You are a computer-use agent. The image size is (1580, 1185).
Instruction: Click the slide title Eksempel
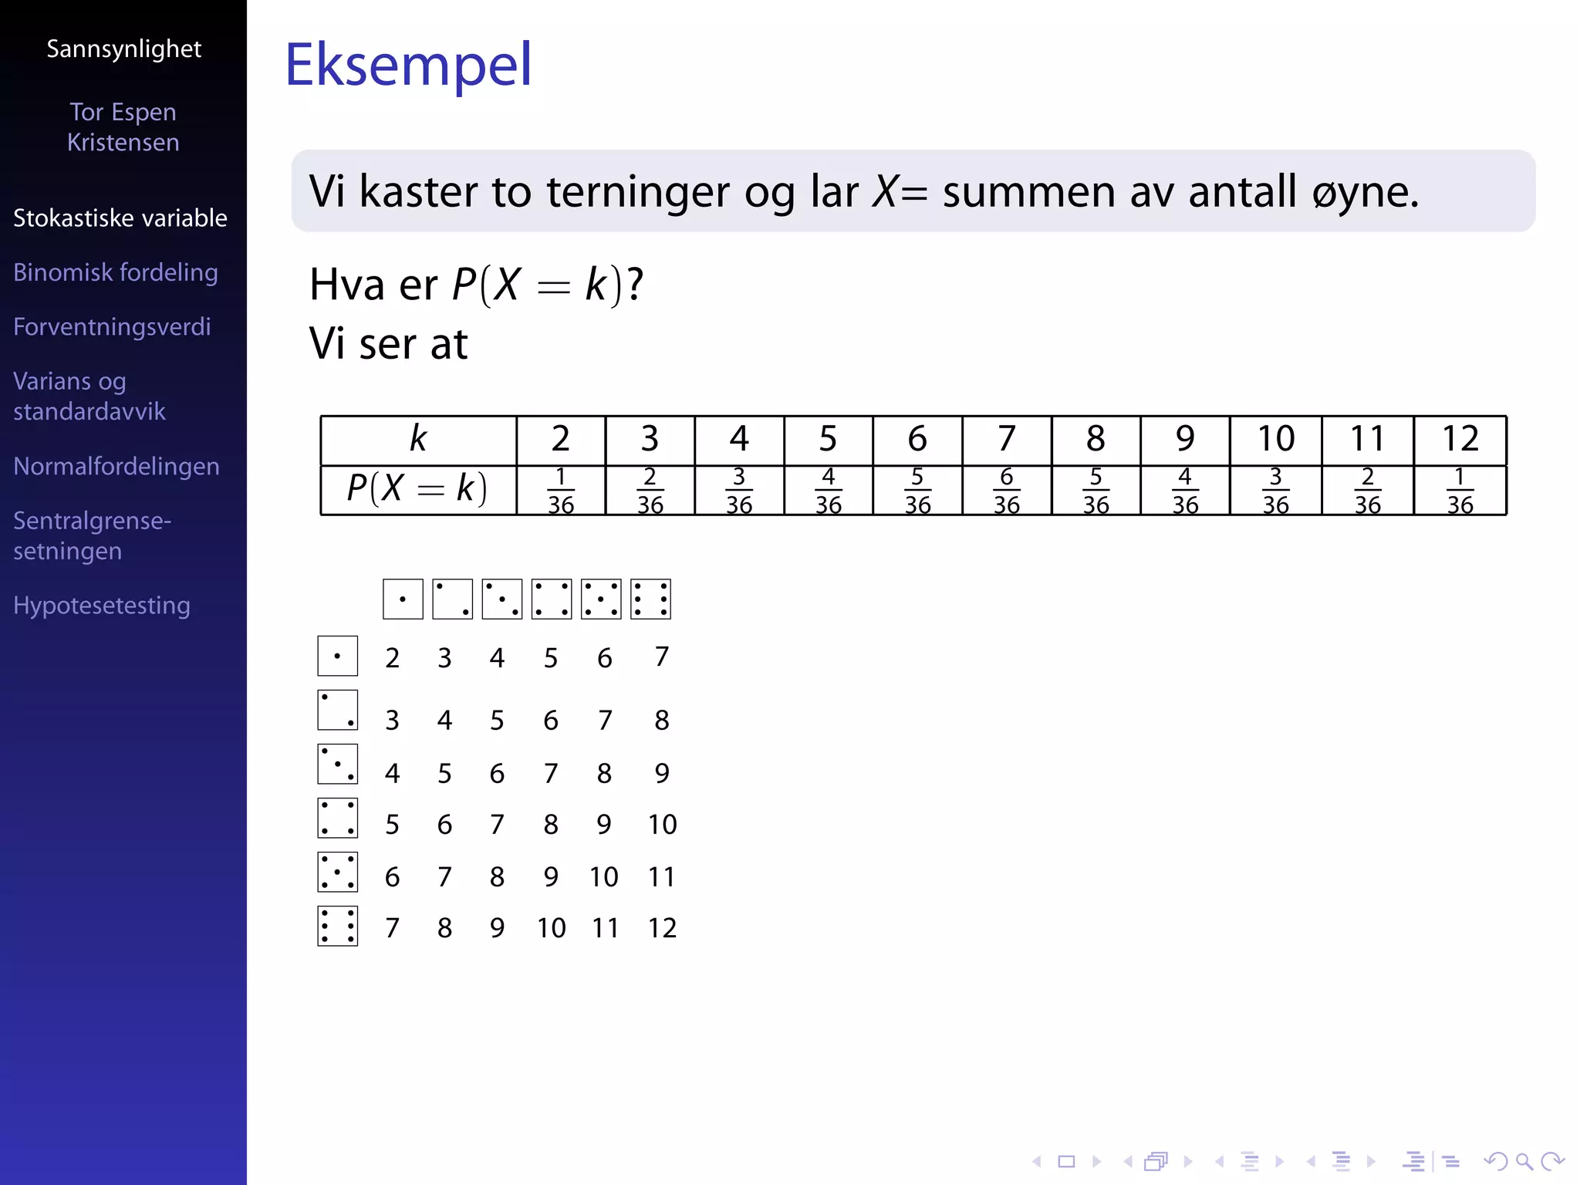pos(408,65)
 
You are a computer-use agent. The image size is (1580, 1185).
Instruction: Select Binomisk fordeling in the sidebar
pos(116,272)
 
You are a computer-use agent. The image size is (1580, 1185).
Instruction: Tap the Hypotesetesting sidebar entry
pos(102,606)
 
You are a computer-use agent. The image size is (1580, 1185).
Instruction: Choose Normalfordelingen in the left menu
pos(116,466)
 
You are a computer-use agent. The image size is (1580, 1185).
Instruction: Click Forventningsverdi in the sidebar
pos(112,326)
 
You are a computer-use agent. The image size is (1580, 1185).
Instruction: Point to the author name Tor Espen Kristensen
pos(123,127)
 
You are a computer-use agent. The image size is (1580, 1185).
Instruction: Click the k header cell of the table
pos(418,439)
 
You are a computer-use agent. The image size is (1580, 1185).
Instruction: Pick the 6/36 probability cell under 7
pos(1007,491)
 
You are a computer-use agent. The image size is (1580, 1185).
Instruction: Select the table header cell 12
pos(1460,439)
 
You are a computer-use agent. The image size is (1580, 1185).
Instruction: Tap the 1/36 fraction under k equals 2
pos(561,491)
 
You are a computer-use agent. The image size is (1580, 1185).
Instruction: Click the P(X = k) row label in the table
pos(417,488)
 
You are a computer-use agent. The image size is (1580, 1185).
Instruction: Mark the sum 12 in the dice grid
pos(662,928)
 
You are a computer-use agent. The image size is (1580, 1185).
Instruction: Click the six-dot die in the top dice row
pos(650,599)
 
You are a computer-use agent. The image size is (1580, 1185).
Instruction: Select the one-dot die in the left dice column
pos(338,657)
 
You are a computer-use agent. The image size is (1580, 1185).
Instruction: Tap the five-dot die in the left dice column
pos(338,873)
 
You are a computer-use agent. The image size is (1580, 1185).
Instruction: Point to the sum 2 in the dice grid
pos(392,658)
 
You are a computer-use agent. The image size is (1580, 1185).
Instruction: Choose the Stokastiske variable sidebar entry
pos(120,218)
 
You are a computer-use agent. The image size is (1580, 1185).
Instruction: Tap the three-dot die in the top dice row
pos(502,599)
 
